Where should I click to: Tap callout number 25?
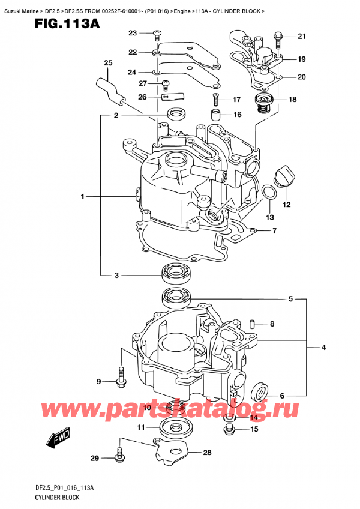coord(108,64)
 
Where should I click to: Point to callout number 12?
coord(286,205)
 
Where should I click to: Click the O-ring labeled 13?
coord(270,193)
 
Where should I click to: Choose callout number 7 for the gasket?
coord(274,231)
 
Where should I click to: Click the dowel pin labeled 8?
coord(253,324)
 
